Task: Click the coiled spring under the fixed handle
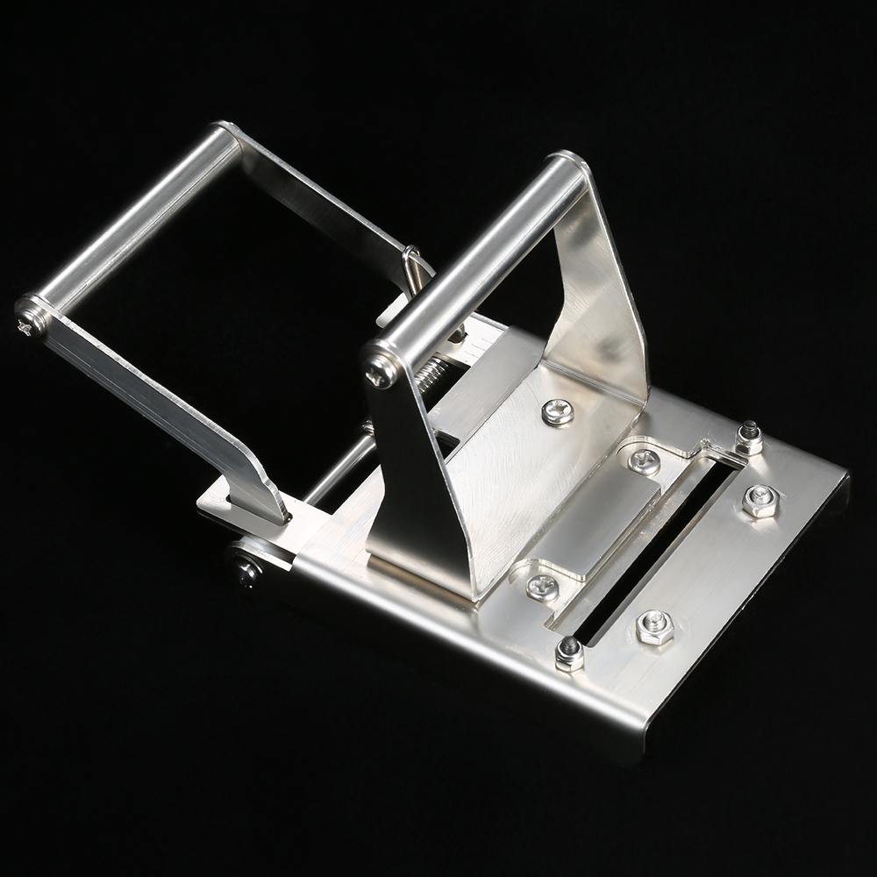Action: tap(429, 374)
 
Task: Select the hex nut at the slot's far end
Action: tap(759, 501)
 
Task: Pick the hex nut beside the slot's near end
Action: tap(654, 627)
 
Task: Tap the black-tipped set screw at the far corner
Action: tap(747, 437)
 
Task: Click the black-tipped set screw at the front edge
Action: tap(569, 653)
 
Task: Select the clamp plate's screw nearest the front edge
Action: tap(542, 586)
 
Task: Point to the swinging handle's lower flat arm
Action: tap(167, 412)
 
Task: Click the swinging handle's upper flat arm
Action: tap(324, 197)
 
